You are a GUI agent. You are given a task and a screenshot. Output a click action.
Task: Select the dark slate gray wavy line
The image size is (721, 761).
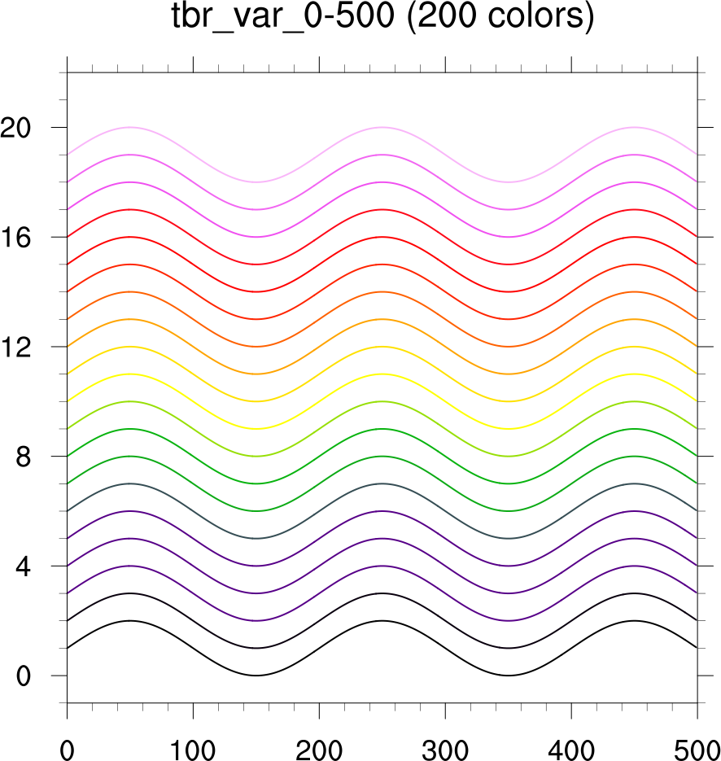point(129,483)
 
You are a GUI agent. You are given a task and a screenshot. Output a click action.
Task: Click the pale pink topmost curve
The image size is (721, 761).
point(129,128)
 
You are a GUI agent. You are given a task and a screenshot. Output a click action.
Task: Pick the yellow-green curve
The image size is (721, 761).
point(129,401)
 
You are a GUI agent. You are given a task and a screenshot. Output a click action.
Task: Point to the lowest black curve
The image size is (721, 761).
point(129,621)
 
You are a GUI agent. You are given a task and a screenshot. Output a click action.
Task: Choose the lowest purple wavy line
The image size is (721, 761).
point(129,566)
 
